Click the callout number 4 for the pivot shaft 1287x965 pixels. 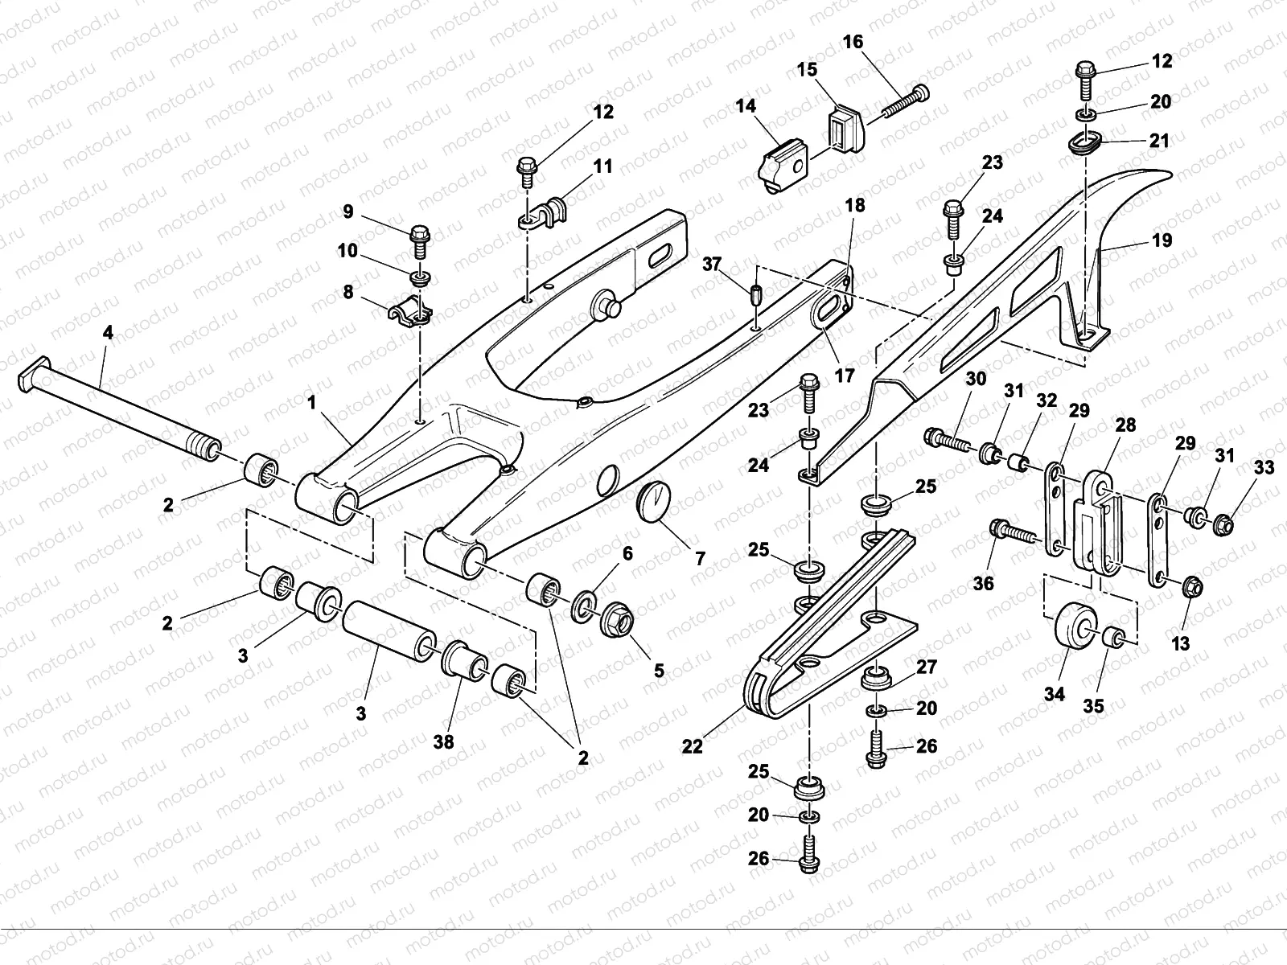(108, 333)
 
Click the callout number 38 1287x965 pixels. (443, 742)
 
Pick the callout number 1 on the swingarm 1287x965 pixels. (311, 403)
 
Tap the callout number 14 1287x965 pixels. (745, 106)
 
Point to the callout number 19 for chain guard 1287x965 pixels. (1162, 240)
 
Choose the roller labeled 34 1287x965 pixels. (1076, 625)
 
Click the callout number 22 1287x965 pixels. (692, 746)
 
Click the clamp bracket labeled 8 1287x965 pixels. (410, 311)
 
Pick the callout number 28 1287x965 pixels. (1125, 425)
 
